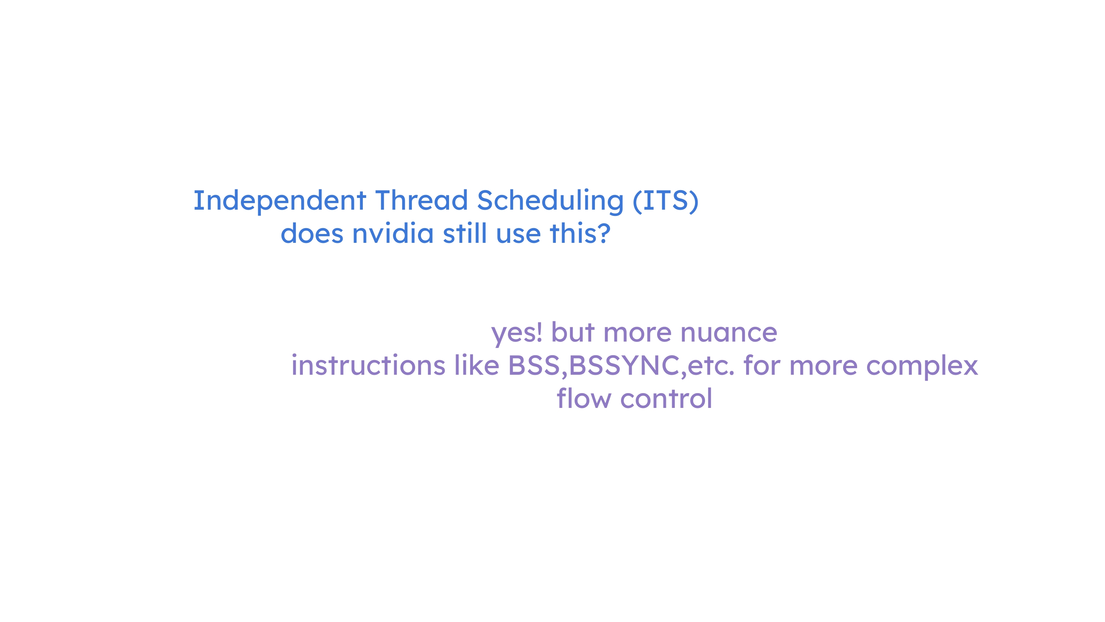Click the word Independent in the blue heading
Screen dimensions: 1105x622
(280, 201)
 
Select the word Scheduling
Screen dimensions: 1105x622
(550, 201)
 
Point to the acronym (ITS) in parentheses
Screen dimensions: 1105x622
(666, 201)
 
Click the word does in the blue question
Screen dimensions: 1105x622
(312, 234)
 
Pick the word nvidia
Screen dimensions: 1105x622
(393, 234)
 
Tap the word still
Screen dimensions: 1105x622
(464, 234)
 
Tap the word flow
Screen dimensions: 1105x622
(584, 398)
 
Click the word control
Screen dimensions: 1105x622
(666, 398)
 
